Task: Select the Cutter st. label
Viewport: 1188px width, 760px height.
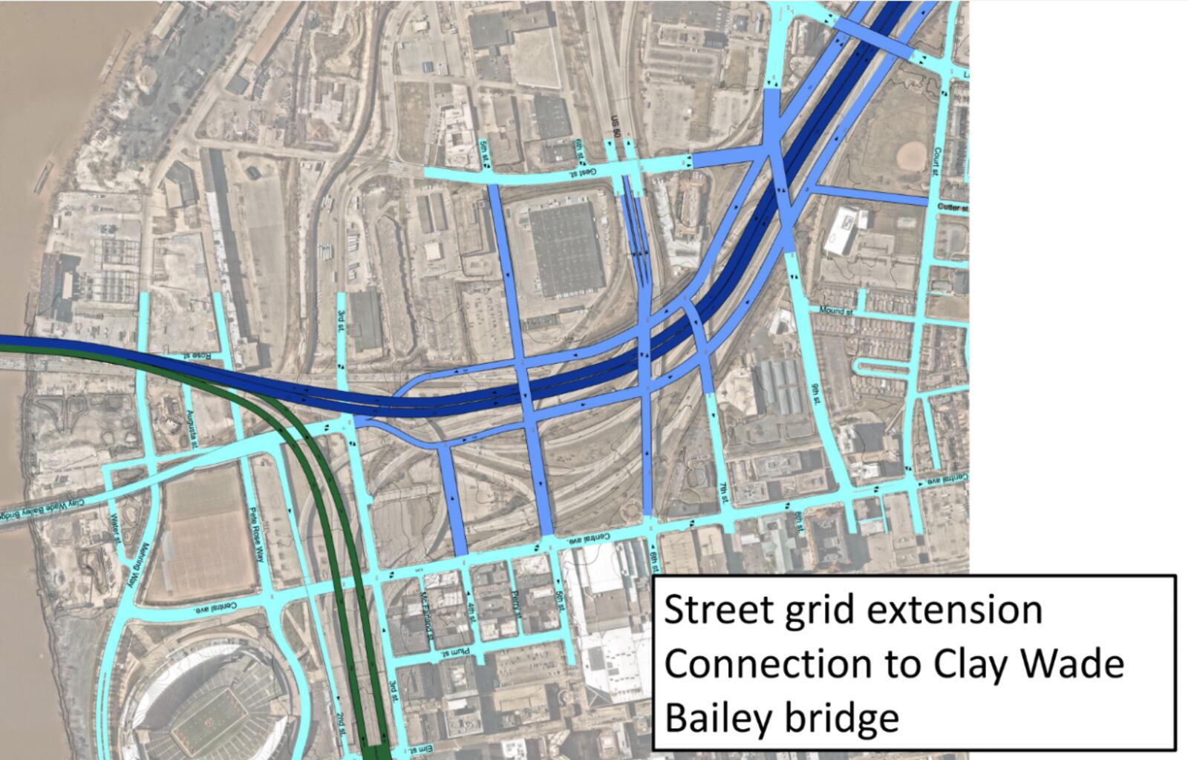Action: click(x=953, y=208)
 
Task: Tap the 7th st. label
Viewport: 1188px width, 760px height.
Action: click(x=724, y=490)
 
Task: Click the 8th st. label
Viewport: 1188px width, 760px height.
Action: click(x=799, y=522)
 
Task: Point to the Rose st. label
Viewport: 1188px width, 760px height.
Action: click(x=199, y=356)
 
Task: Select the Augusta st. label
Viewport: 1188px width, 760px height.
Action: click(x=193, y=428)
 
